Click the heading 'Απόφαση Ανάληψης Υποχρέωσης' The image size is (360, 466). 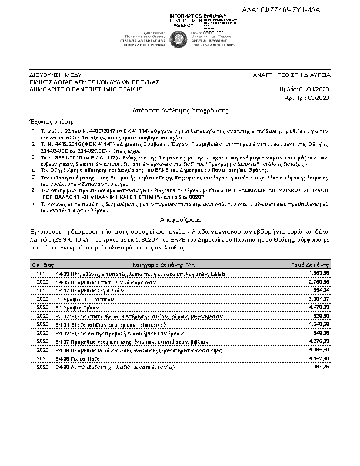(x=180, y=109)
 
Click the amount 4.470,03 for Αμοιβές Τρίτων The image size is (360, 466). (x=318, y=307)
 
